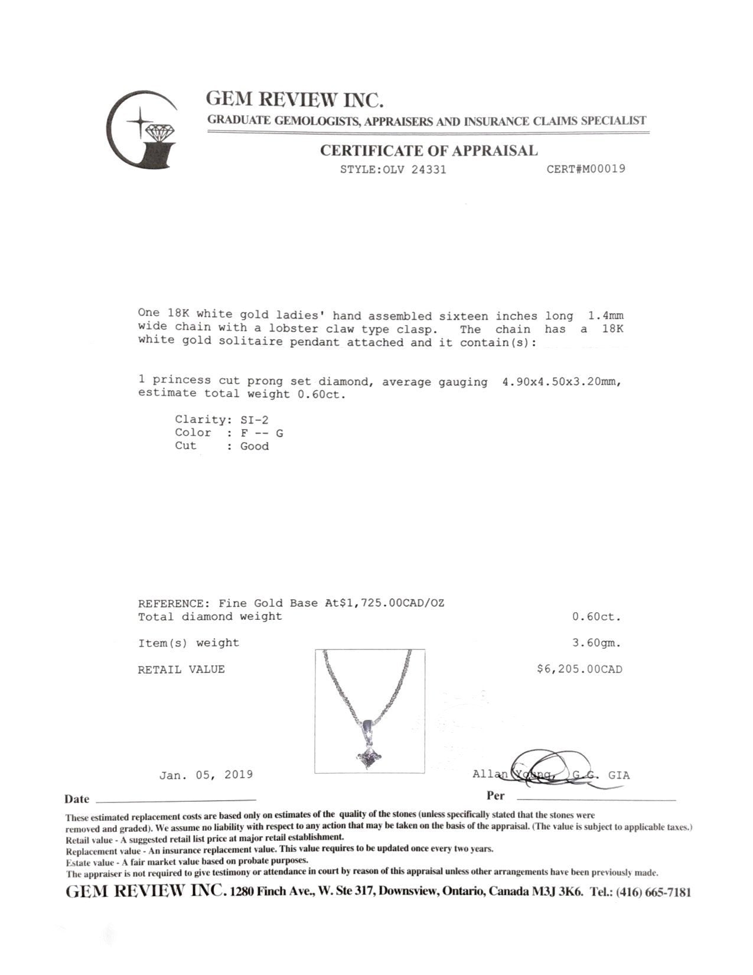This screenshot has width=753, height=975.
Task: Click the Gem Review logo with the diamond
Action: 142,130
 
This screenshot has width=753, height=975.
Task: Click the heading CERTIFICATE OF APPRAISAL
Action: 429,151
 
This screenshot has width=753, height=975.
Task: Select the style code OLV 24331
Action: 415,170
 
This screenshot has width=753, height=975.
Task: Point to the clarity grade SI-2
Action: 255,420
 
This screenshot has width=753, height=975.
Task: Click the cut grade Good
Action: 255,446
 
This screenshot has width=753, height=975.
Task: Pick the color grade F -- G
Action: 262,433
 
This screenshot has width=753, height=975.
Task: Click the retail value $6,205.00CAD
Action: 579,669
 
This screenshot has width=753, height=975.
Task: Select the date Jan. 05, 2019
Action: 206,775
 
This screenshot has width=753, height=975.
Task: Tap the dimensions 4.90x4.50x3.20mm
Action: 562,382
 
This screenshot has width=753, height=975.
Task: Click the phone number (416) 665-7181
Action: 653,892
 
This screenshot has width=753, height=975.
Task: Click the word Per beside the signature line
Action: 496,795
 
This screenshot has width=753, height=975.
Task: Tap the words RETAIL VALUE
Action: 181,669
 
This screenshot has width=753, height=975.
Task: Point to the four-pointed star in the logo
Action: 141,122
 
